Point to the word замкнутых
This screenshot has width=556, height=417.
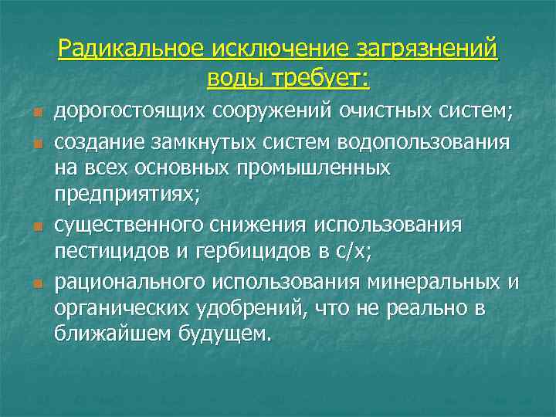pos(202,143)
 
